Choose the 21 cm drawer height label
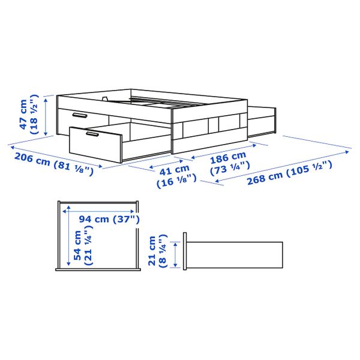(x=152, y=251)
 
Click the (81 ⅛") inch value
(x=73, y=169)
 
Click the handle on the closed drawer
(x=79, y=115)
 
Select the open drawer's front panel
(x=95, y=143)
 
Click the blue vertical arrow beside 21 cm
(x=175, y=254)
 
